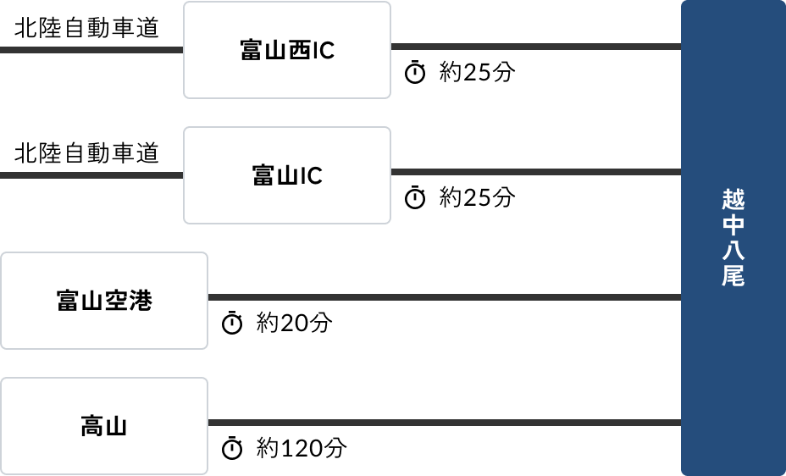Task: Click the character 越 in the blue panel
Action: (733, 200)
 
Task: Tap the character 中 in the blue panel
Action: (733, 225)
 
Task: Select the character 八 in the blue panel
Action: (733, 251)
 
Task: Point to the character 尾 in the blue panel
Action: (733, 276)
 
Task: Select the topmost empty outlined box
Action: (287, 50)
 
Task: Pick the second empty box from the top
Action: (287, 175)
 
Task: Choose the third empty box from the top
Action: (104, 301)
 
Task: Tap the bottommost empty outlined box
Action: (104, 426)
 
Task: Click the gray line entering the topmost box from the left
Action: (91, 50)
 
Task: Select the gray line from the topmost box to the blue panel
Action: (535, 47)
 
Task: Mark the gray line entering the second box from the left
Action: (91, 175)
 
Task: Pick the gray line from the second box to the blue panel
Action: (535, 172)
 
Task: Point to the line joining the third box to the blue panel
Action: (444, 297)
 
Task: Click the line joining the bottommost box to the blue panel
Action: (444, 423)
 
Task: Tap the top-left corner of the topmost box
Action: (185, 3)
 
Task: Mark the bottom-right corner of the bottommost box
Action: (207, 473)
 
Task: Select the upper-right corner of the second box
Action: (390, 128)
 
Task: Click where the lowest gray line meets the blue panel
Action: (681, 423)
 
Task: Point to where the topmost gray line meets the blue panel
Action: (681, 47)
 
